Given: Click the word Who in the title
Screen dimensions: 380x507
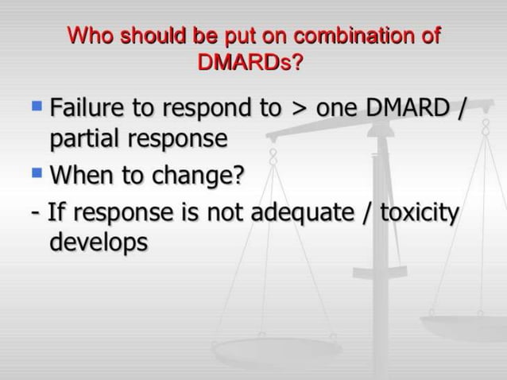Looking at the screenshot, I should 87,37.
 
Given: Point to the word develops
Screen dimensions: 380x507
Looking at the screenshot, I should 99,242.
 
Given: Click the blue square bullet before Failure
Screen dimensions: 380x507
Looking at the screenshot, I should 36,105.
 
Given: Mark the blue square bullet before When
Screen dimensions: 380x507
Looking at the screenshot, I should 36,170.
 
